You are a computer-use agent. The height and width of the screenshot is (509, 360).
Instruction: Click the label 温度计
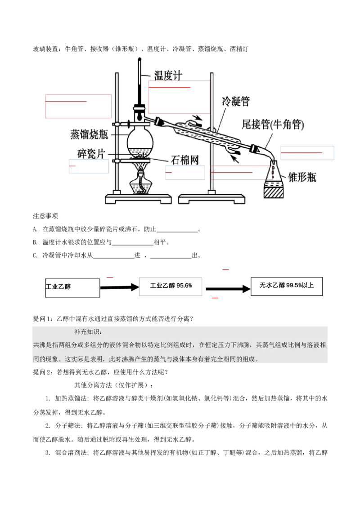tap(168, 75)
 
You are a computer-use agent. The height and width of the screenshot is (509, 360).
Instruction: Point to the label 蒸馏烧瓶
tap(88, 134)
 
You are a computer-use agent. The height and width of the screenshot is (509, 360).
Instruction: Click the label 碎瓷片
tap(91, 154)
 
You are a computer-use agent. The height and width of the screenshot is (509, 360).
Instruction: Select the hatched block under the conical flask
tap(274, 192)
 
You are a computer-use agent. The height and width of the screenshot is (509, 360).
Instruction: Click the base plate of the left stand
tap(138, 198)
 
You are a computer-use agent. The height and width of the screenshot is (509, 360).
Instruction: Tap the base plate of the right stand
tap(212, 198)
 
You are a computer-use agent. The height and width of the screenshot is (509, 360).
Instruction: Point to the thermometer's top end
tap(139, 58)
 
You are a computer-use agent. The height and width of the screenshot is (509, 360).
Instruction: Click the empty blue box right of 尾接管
tap(306, 153)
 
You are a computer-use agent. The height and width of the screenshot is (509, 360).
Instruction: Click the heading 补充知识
tap(88, 332)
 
